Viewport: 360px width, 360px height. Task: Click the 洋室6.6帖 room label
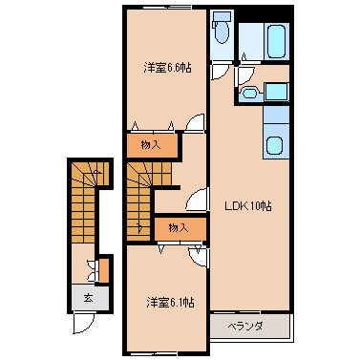(x=167, y=68)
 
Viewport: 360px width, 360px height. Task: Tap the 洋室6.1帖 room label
(x=170, y=303)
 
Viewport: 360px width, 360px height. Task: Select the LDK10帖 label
(x=248, y=206)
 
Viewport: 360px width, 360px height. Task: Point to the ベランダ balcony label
(x=245, y=327)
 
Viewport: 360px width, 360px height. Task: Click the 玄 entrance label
(x=88, y=298)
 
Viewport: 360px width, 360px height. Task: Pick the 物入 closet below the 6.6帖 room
(x=151, y=146)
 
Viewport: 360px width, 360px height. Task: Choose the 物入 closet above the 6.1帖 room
(x=179, y=228)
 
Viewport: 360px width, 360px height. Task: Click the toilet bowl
(x=222, y=33)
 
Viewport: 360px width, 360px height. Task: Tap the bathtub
(x=276, y=41)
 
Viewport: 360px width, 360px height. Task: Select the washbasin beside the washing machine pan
(x=250, y=93)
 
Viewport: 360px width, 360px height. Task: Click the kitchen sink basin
(x=274, y=145)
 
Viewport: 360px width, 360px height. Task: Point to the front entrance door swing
(x=83, y=324)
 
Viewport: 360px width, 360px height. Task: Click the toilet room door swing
(x=220, y=72)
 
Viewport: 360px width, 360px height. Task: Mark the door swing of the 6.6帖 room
(x=195, y=122)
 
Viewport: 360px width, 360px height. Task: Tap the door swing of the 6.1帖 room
(x=198, y=257)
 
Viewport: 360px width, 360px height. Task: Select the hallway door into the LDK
(x=197, y=200)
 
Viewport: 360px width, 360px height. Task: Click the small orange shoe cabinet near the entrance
(x=104, y=270)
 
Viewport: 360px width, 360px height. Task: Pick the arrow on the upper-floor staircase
(x=139, y=227)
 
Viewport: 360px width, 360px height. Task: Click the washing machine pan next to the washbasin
(x=277, y=92)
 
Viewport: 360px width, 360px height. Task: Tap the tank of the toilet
(x=220, y=16)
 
